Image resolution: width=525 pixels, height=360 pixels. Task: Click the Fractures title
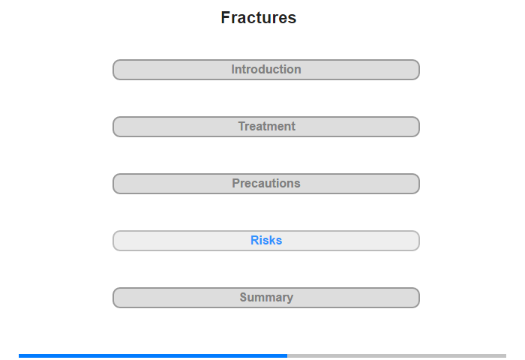coord(259,17)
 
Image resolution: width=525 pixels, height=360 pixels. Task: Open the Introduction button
coord(266,70)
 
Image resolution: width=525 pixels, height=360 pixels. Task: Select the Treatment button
coord(266,127)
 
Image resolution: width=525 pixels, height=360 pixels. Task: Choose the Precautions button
coord(266,184)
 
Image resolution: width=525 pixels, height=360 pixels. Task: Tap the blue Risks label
coord(266,240)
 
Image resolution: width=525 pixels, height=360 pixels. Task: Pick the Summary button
coord(266,298)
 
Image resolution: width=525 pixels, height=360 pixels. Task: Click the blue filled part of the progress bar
coord(153,355)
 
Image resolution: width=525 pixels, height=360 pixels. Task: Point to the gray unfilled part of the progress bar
coord(397,355)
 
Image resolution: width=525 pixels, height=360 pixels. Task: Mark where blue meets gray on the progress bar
coord(287,355)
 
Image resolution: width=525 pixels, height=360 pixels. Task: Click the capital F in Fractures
coord(225,17)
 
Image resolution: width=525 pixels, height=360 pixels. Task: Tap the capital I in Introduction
coord(232,69)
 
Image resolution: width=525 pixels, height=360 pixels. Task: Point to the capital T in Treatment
coord(242,126)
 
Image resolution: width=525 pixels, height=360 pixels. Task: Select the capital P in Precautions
coord(236,183)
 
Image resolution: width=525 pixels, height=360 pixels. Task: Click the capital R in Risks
coord(254,240)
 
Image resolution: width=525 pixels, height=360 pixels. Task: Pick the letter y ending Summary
coord(290,298)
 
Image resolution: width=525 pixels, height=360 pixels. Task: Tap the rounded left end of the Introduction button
coord(114,70)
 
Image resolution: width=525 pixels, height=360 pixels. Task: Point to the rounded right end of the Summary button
coord(418,298)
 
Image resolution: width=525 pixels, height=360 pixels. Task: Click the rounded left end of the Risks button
coord(114,241)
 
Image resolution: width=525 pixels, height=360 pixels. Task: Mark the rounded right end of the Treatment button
coord(418,127)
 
